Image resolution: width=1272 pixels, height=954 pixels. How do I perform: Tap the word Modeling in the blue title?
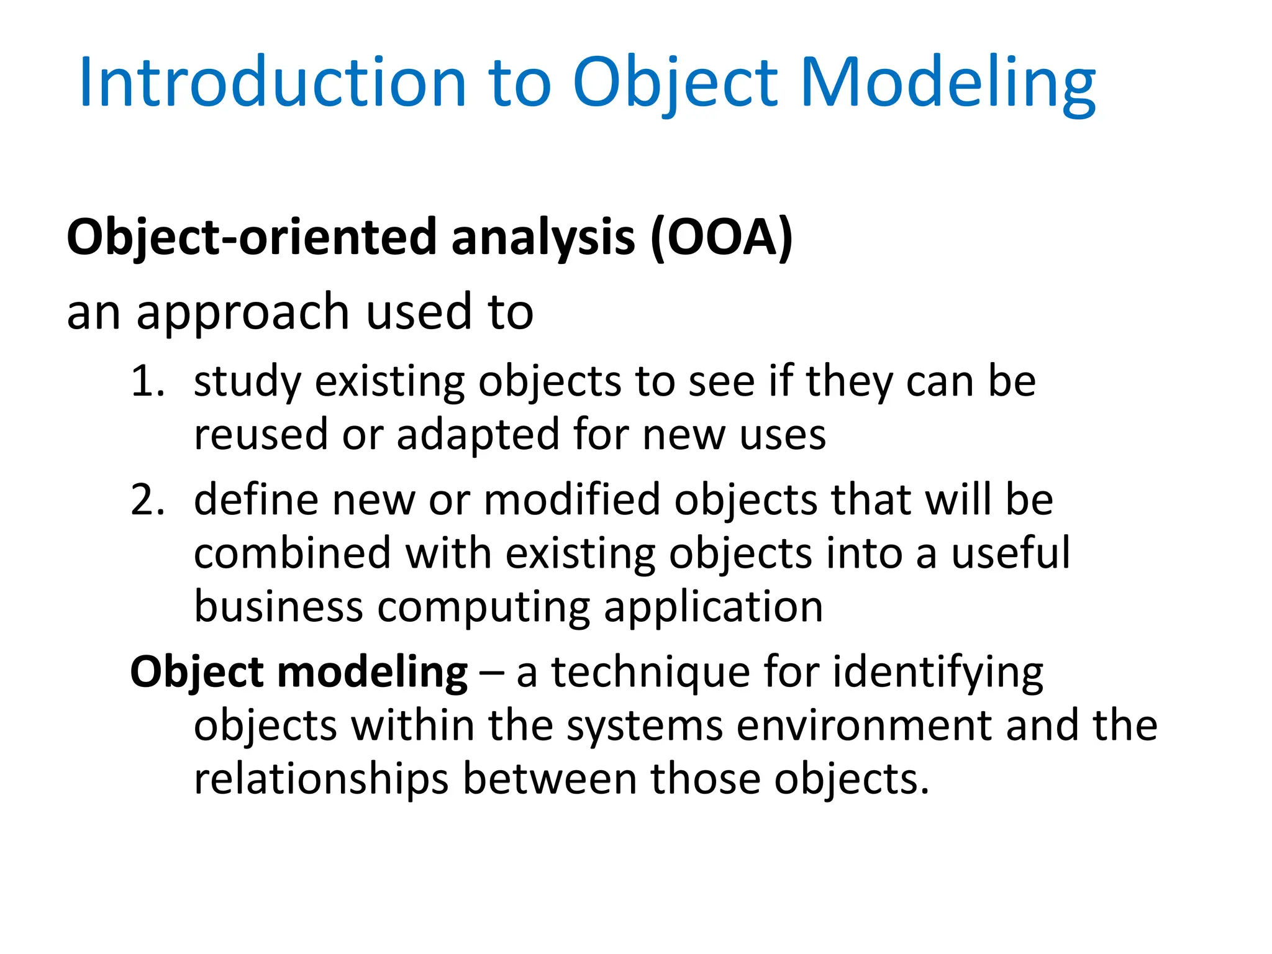click(948, 83)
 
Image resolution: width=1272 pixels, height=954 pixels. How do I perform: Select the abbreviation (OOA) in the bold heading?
click(721, 237)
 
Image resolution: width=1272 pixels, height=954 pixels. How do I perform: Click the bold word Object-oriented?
click(252, 237)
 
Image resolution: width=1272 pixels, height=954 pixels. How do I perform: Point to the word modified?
click(572, 500)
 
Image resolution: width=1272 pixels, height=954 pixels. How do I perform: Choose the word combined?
click(293, 553)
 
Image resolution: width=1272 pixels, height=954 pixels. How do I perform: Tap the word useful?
click(1011, 553)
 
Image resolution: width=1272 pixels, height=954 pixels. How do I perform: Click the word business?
click(278, 607)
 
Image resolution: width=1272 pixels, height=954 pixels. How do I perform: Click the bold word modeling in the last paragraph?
click(372, 673)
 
